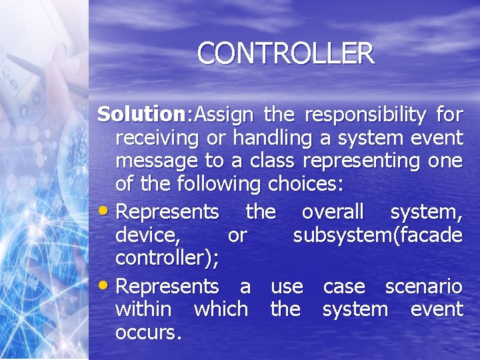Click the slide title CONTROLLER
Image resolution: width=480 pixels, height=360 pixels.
[x=286, y=53]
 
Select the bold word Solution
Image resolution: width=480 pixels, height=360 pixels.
[x=142, y=115]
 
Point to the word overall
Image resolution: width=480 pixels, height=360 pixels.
[x=333, y=212]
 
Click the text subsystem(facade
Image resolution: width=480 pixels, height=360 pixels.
[x=377, y=235]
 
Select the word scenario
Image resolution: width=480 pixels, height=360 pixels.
[x=423, y=287]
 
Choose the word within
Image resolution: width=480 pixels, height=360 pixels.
[x=143, y=309]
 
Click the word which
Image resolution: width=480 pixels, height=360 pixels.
[x=220, y=309]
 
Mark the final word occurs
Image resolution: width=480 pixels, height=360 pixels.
[x=148, y=332]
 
